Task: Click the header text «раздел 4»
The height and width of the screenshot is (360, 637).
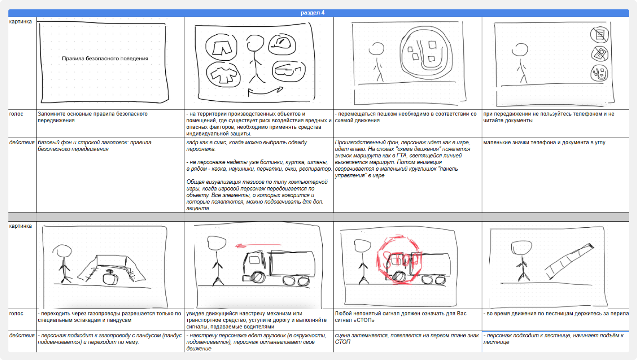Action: click(313, 13)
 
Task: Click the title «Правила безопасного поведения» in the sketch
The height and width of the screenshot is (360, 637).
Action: click(105, 59)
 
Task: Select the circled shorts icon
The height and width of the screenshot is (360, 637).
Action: click(221, 47)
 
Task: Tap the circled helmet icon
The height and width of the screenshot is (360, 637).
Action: click(282, 44)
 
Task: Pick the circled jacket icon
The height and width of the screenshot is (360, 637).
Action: click(223, 74)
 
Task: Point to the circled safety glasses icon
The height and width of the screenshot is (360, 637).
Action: click(289, 71)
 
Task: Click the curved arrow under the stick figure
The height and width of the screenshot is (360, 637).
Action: click(265, 91)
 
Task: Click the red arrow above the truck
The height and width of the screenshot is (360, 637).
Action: click(258, 245)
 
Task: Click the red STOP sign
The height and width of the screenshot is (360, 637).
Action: click(399, 260)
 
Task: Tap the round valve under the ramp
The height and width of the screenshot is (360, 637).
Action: click(110, 277)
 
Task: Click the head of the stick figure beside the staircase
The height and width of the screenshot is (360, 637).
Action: click(521, 248)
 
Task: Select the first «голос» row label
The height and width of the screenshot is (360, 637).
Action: click(16, 114)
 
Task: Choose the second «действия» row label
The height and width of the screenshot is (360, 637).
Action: click(22, 336)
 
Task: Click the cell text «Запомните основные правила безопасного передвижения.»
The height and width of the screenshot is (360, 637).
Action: click(93, 117)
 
